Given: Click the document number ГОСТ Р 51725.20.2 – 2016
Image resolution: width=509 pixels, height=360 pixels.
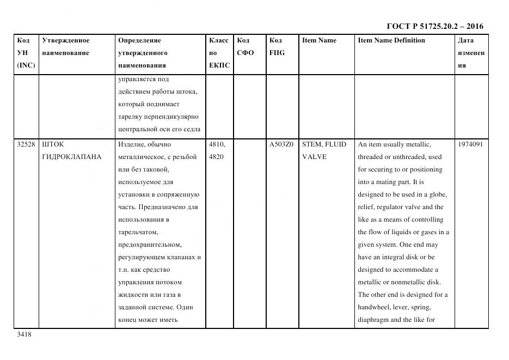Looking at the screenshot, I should (x=434, y=26).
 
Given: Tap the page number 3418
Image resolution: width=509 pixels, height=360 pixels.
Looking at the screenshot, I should (x=24, y=334).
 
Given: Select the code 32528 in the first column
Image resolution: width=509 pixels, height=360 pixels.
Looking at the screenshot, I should (x=26, y=144).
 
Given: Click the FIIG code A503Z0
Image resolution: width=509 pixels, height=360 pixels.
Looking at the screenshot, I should (x=281, y=144).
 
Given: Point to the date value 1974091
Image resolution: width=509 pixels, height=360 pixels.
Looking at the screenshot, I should (x=471, y=144).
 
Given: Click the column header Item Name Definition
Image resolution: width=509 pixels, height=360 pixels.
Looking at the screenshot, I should (x=391, y=40).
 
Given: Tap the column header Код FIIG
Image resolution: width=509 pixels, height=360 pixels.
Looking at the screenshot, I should (x=277, y=47).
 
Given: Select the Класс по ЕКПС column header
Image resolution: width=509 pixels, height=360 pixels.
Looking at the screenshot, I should (x=219, y=53).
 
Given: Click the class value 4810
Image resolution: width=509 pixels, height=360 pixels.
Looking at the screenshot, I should (x=217, y=144).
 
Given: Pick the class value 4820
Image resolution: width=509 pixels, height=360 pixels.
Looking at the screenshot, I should (x=216, y=157).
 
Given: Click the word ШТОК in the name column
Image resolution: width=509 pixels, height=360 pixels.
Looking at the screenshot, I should (x=53, y=144).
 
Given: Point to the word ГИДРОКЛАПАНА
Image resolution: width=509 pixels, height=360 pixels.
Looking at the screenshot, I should (x=72, y=157).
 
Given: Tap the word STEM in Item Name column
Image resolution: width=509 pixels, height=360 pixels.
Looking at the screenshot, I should (x=312, y=144).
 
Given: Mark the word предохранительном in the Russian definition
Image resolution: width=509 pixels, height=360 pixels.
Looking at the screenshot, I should (x=150, y=245).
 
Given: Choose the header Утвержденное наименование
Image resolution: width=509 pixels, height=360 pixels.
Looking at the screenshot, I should (x=65, y=47).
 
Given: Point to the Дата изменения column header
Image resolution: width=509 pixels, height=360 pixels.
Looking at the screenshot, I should (x=470, y=53).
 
